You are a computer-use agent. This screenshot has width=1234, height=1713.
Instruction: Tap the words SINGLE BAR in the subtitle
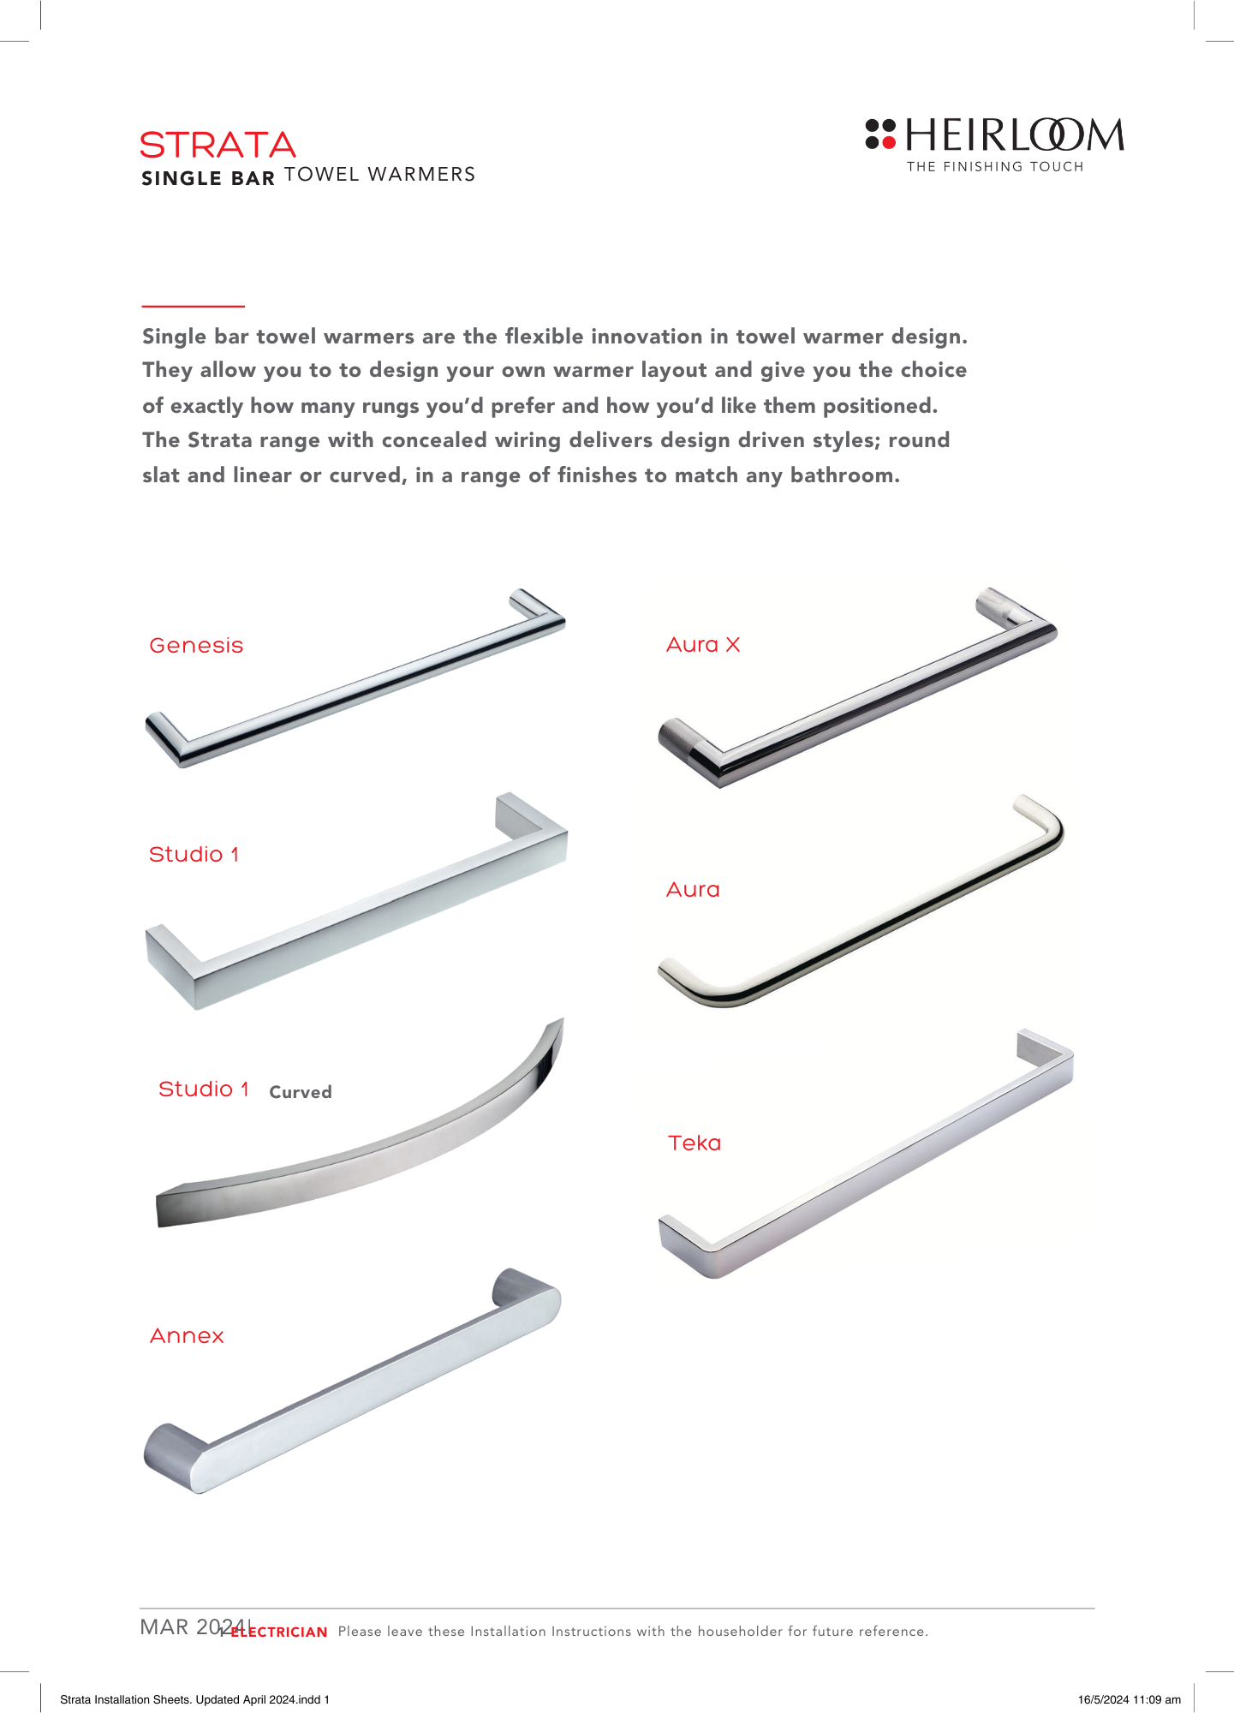pos(207,178)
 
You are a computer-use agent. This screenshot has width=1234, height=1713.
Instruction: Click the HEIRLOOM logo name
pos(1014,135)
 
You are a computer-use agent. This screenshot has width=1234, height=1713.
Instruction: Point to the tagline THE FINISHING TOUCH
pos(995,167)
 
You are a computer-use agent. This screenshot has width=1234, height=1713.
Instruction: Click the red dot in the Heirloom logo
pos(889,141)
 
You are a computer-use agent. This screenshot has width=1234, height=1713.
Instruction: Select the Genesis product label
pos(196,645)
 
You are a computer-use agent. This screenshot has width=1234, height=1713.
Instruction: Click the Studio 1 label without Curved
pos(194,854)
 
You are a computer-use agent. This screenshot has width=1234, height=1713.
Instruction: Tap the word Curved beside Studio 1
pos(300,1092)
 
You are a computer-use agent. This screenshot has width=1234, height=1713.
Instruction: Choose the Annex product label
pos(187,1335)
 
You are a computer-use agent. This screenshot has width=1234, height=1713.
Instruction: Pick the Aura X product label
pos(703,644)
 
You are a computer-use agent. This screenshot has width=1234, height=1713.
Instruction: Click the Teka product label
pos(694,1143)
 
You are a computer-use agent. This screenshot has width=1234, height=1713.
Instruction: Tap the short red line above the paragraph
pos(193,306)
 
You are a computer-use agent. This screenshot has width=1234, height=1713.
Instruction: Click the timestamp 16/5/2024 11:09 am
pos(1129,1699)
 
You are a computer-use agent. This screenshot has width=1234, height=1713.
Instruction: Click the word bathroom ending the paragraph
pos(844,475)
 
